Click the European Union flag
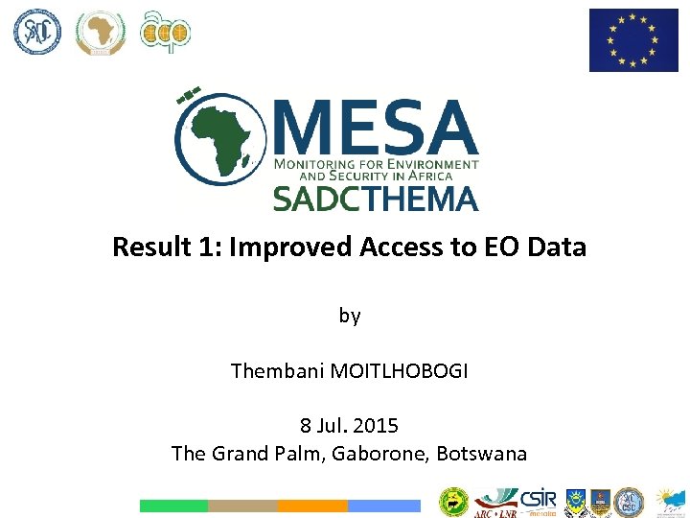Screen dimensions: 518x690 633,40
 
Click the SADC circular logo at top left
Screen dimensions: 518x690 36,32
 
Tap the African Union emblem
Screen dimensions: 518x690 101,32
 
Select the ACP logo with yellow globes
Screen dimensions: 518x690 165,32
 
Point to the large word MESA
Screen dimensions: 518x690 376,129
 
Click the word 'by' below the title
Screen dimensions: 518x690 350,315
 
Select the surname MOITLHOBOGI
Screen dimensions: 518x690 400,370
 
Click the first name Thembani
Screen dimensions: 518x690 278,370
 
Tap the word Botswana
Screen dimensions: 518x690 482,453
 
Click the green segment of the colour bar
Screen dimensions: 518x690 173,506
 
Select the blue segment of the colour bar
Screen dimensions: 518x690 384,506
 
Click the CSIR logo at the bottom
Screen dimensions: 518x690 537,498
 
